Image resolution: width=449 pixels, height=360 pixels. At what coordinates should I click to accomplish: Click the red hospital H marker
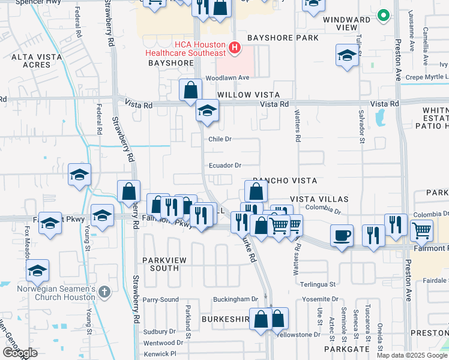pyautogui.click(x=235, y=47)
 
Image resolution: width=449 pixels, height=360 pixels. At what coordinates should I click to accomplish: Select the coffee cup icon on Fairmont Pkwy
pyautogui.click(x=342, y=235)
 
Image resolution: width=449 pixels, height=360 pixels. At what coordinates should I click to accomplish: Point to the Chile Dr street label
pyautogui.click(x=220, y=139)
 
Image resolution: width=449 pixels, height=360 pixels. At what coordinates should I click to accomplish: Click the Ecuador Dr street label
pyautogui.click(x=224, y=166)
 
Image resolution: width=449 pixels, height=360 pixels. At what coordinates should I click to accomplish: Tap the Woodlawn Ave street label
pyautogui.click(x=227, y=78)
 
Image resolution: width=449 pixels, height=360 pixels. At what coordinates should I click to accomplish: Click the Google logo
pyautogui.click(x=20, y=352)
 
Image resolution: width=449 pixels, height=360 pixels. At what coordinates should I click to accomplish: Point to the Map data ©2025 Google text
pyautogui.click(x=412, y=355)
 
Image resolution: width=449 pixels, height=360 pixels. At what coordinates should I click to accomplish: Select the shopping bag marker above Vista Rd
pyautogui.click(x=190, y=90)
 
